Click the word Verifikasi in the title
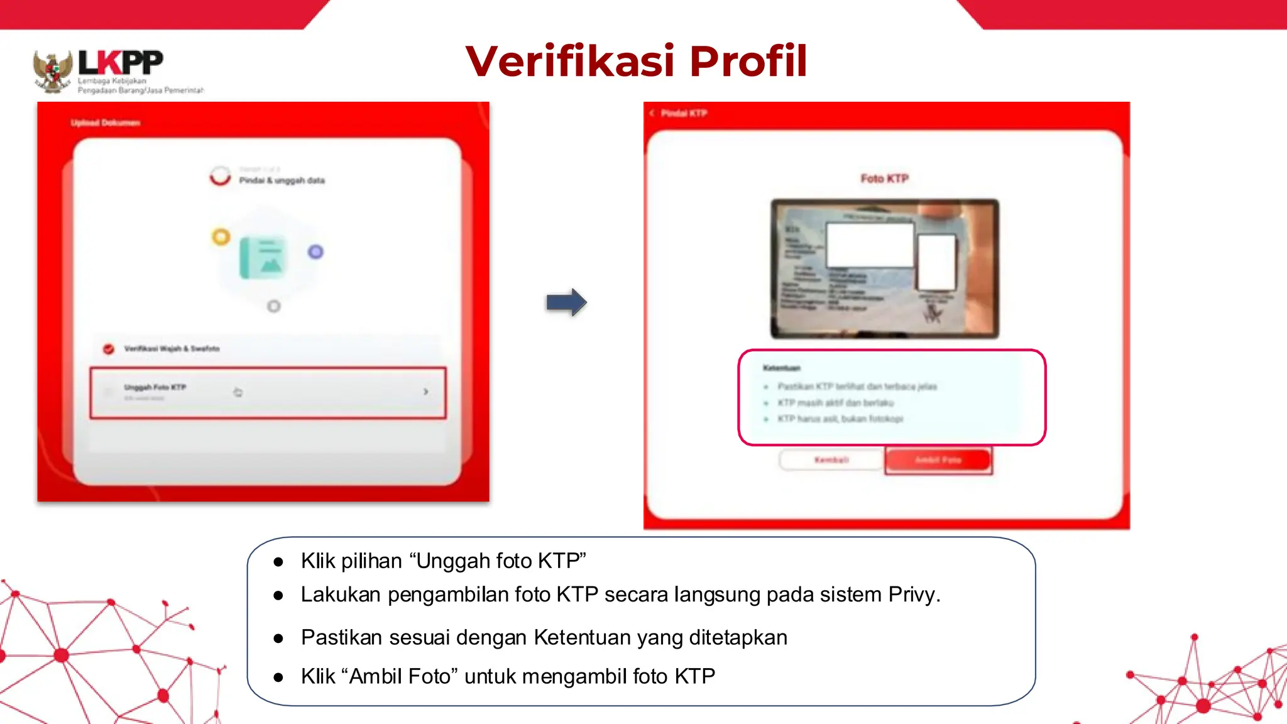[570, 62]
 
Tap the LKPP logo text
[121, 63]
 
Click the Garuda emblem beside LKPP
[52, 71]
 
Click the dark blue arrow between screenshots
[566, 302]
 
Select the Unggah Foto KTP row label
[155, 387]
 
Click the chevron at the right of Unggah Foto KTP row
[426, 392]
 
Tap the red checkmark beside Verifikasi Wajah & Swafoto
[109, 349]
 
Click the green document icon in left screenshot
[263, 258]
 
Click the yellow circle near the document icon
[221, 237]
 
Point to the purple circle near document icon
[315, 252]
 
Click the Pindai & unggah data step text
[282, 180]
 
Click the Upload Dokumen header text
[105, 123]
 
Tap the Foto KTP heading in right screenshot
[884, 178]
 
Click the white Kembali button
[831, 460]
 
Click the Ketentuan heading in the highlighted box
[781, 368]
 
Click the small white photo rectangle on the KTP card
[936, 262]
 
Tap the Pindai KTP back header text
[684, 113]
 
